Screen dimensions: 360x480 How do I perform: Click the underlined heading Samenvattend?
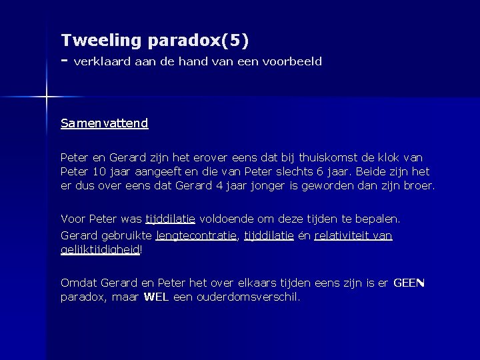(104, 123)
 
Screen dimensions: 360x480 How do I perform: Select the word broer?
(419, 185)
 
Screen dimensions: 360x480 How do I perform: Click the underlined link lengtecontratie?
(197, 235)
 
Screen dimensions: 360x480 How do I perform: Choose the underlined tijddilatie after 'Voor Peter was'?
(170, 219)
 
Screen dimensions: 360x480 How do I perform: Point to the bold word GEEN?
(409, 283)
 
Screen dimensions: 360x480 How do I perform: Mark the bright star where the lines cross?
(46, 98)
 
